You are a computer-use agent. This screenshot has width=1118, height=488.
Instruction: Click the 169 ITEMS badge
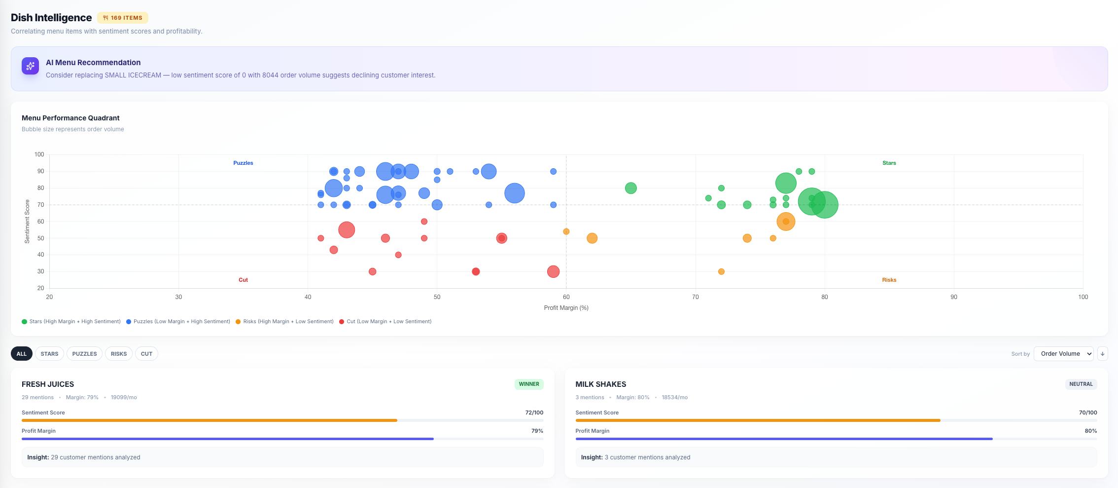pyautogui.click(x=123, y=18)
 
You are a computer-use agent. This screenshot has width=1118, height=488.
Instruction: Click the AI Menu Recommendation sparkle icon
pyautogui.click(x=30, y=66)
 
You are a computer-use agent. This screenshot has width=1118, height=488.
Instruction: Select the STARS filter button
pyautogui.click(x=49, y=354)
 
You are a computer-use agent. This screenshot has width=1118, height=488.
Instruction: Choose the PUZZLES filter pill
pyautogui.click(x=84, y=354)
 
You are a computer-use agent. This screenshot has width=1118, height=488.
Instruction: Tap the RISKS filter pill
pyautogui.click(x=118, y=354)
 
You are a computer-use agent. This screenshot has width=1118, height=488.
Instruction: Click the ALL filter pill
pyautogui.click(x=22, y=354)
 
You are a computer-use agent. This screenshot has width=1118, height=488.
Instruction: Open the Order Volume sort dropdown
pyautogui.click(x=1063, y=354)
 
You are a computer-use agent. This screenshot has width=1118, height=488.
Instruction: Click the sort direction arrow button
pyautogui.click(x=1102, y=354)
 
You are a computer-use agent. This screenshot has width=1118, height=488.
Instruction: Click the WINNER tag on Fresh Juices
pyautogui.click(x=528, y=384)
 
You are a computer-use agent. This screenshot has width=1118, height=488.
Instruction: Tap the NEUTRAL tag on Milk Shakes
pyautogui.click(x=1081, y=384)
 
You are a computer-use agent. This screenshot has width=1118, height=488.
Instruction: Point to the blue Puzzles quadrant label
pyautogui.click(x=243, y=163)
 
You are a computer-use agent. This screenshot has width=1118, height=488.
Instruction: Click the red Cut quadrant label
pyautogui.click(x=243, y=280)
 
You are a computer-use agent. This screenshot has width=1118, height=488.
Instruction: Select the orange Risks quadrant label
pyautogui.click(x=889, y=280)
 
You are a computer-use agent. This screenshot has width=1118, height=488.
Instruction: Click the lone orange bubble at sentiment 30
pyautogui.click(x=721, y=271)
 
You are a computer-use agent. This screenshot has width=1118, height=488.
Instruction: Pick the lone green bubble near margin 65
pyautogui.click(x=630, y=188)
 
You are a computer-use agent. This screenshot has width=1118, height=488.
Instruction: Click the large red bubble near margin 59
pyautogui.click(x=553, y=271)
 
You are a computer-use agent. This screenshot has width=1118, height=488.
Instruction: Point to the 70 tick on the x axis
pyautogui.click(x=695, y=297)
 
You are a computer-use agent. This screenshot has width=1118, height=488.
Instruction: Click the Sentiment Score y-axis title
pyautogui.click(x=27, y=221)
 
